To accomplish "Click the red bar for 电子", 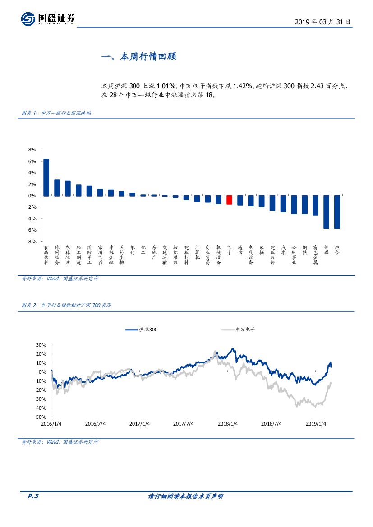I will click(229, 200).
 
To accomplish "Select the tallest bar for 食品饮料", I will click(46, 177).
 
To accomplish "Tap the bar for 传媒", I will click(326, 212).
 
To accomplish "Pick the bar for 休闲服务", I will click(57, 188).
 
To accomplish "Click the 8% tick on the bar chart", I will click(32, 150).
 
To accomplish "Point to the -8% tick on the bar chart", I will click(31, 242).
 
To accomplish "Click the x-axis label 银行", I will click(132, 250).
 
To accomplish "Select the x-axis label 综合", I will click(337, 250).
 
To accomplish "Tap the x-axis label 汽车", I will click(283, 250).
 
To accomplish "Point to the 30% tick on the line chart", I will click(41, 345).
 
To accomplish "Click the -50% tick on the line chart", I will click(40, 417).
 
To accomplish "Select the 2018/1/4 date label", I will click(228, 424).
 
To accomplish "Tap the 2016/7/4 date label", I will click(95, 424).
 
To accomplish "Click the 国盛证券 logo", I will click(48, 19).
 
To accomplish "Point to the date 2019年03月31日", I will click(322, 22).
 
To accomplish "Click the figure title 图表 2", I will click(66, 305).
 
